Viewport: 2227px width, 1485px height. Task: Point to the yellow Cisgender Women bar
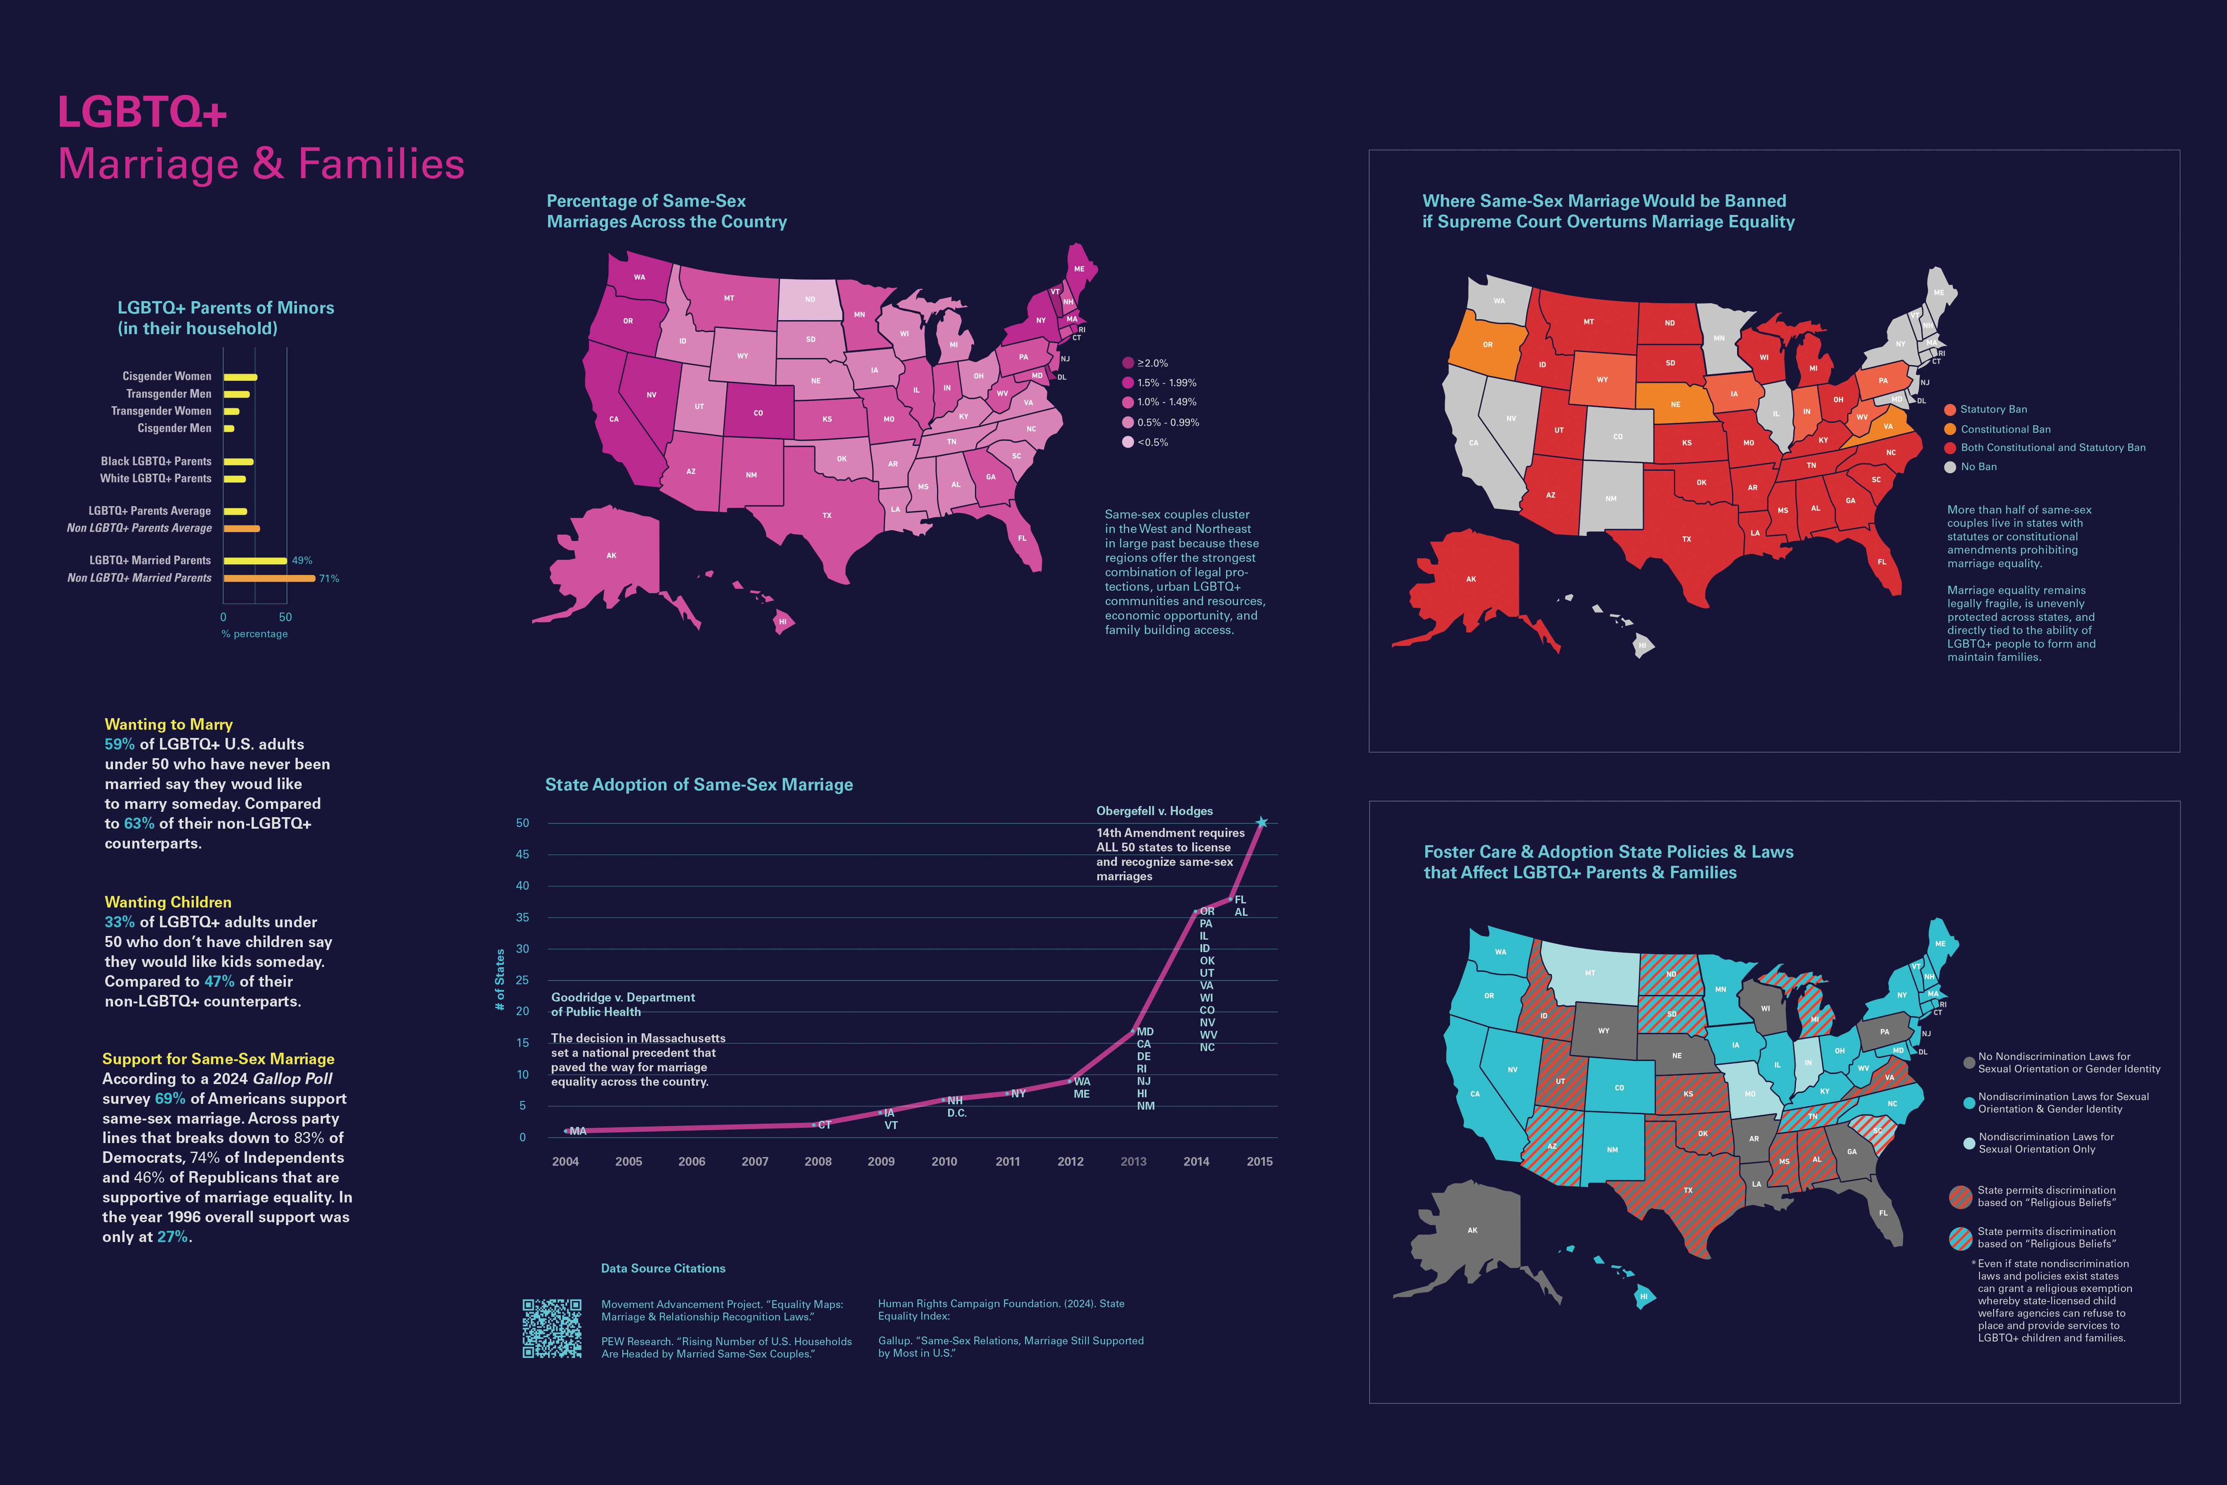tap(240, 377)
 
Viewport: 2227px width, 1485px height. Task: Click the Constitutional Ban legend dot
tap(1949, 429)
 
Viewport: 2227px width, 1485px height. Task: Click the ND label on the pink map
tap(810, 299)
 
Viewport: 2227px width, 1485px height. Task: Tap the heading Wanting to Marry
tap(169, 724)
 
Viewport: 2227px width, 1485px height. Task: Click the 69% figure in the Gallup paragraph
tap(170, 1098)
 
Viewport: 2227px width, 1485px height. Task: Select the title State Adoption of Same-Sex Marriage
tap(699, 784)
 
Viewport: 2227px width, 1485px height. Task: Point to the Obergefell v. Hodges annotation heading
tap(1154, 811)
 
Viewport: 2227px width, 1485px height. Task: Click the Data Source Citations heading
tap(663, 1268)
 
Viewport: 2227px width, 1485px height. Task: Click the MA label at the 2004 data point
tap(578, 1131)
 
